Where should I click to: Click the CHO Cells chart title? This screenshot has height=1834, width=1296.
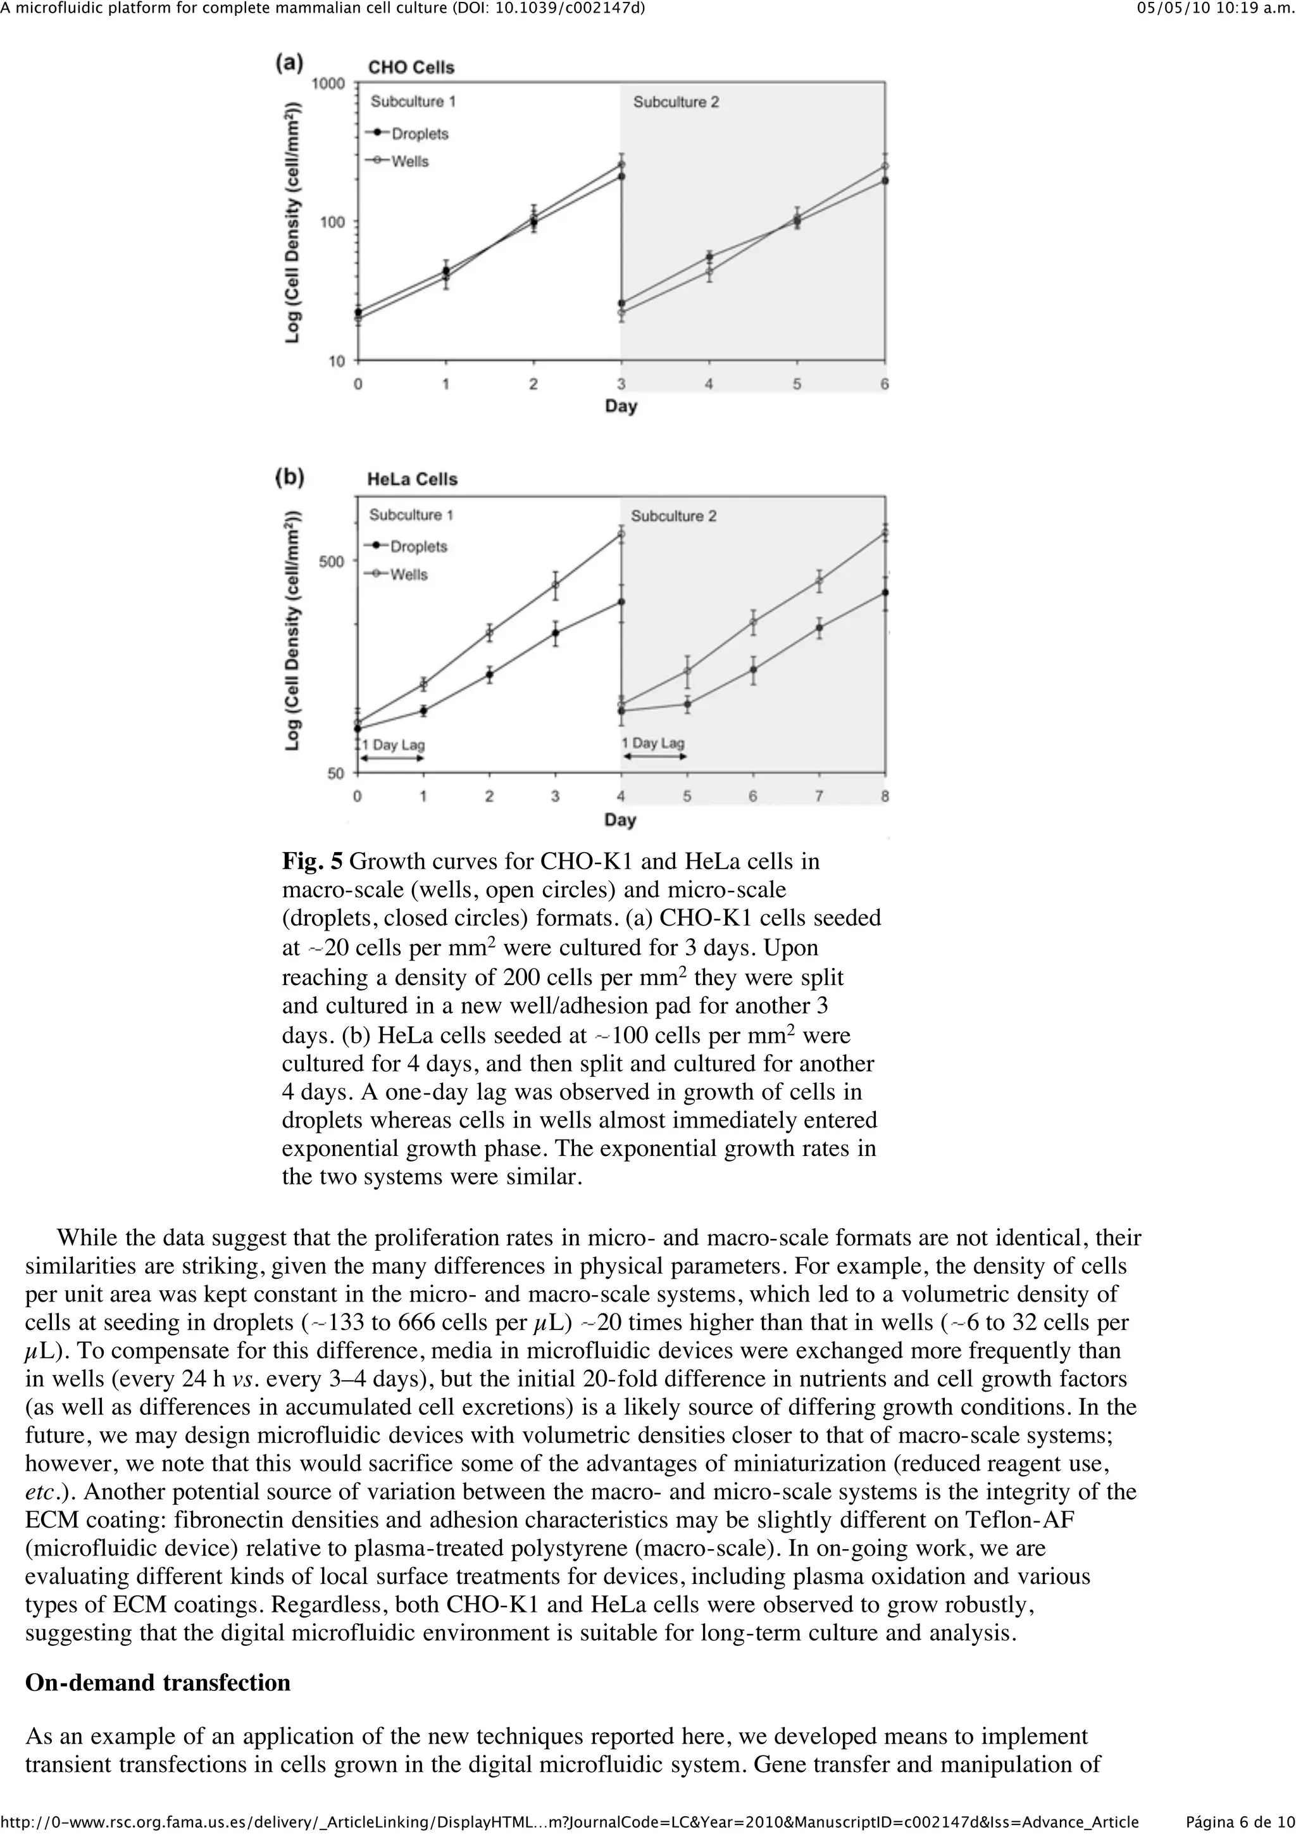coord(411,68)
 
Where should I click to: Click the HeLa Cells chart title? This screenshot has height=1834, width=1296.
coord(412,479)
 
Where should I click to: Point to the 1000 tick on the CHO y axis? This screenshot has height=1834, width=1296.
coord(327,84)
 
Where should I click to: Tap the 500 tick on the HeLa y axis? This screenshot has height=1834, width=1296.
coord(332,562)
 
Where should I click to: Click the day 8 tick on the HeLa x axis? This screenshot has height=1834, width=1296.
coord(885,796)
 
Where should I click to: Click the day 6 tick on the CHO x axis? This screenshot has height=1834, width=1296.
coord(885,384)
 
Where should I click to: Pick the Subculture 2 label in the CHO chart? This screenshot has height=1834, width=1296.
coord(676,103)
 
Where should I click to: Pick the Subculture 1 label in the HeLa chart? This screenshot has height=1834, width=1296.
coord(411,515)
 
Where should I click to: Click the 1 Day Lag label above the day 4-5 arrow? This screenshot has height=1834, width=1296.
coord(653,743)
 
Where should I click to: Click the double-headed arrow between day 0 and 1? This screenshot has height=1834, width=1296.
coord(390,757)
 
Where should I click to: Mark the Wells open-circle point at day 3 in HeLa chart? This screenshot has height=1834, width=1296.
coord(556,585)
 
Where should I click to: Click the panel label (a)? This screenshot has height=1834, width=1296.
coord(289,63)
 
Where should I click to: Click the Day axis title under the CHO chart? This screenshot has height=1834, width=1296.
coord(620,406)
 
